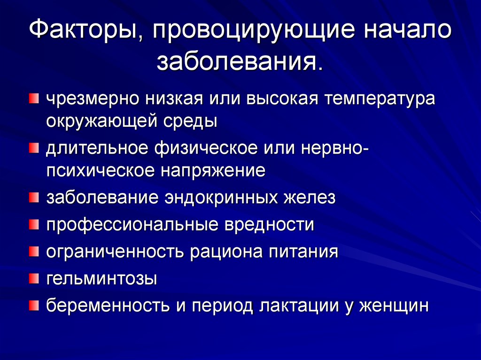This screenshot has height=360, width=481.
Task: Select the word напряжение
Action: pos(213,170)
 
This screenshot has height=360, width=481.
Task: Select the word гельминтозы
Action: pos(101,279)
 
